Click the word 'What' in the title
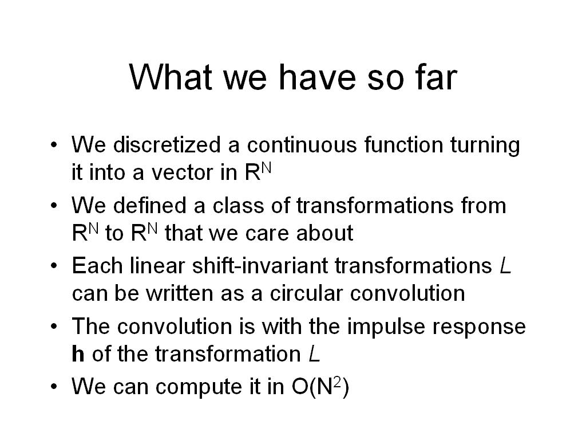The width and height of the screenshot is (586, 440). pyautogui.click(x=171, y=77)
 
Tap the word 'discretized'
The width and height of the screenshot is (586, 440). pyautogui.click(x=167, y=144)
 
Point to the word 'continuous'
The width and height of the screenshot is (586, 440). pyautogui.click(x=302, y=144)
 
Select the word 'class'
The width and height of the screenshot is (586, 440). pyautogui.click(x=238, y=205)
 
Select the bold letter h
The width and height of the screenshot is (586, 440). pyautogui.click(x=78, y=353)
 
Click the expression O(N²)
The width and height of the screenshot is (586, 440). pyautogui.click(x=320, y=386)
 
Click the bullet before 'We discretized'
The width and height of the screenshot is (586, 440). pyautogui.click(x=54, y=144)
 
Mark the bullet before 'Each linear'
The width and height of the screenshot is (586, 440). pyautogui.click(x=54, y=265)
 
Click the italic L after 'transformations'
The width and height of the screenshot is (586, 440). pyautogui.click(x=505, y=265)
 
